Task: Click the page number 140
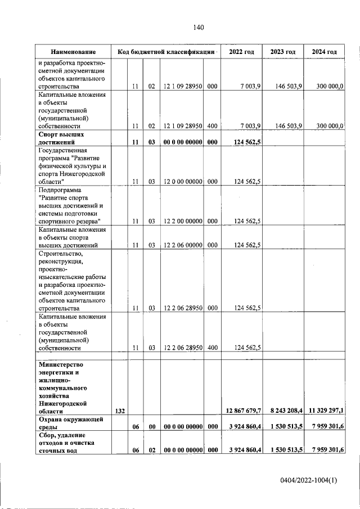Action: (x=198, y=28)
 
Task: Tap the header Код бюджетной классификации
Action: (x=166, y=52)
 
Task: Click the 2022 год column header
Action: (x=241, y=52)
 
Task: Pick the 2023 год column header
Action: (x=283, y=52)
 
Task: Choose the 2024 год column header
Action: (x=324, y=52)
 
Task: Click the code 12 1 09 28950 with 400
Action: (x=182, y=127)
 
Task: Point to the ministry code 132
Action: (x=119, y=412)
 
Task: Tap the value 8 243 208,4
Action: (x=284, y=412)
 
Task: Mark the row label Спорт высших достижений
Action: (x=61, y=139)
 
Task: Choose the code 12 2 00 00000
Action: (x=182, y=222)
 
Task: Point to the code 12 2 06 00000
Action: (x=182, y=245)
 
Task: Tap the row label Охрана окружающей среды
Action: (x=70, y=423)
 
